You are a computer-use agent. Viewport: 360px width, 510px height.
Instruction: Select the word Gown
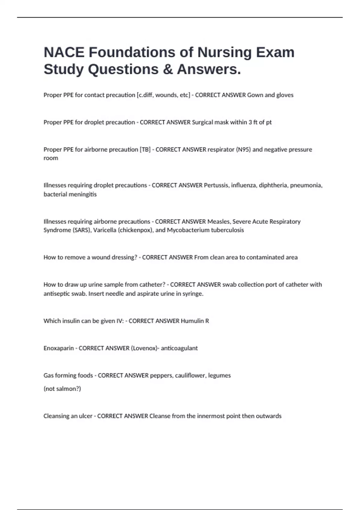point(255,95)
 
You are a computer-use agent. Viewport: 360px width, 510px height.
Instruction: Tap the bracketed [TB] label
point(145,149)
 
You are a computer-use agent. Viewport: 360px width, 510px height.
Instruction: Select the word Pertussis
point(216,185)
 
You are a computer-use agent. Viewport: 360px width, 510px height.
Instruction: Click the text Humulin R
point(195,321)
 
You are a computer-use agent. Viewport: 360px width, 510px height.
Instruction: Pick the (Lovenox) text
point(144,348)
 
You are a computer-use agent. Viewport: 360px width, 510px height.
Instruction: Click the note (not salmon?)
point(62,389)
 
